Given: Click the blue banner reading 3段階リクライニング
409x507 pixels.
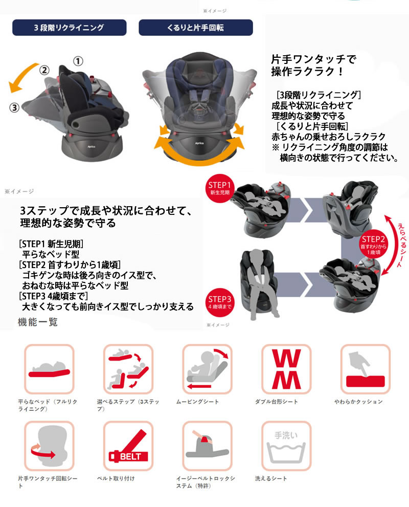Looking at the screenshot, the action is point(70,28).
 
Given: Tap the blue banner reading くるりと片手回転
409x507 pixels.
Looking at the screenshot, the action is point(196,28).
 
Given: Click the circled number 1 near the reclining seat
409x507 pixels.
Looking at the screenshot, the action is point(78,61).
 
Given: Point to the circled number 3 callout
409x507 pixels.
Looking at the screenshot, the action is point(14,107).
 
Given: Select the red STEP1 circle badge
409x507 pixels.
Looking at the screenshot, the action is point(220,188).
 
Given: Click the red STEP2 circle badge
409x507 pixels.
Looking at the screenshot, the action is point(373,244).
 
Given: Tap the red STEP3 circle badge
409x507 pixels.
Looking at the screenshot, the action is point(220,302).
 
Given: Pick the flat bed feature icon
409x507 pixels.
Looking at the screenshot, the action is point(50,369).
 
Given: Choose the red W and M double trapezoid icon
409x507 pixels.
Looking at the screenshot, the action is point(286,369).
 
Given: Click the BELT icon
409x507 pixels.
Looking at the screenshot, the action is point(128,446).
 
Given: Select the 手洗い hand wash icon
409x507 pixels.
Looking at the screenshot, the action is point(286,446).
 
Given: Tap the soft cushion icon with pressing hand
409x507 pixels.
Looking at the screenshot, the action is point(366,369).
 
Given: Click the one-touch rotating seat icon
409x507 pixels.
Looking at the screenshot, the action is point(50,446).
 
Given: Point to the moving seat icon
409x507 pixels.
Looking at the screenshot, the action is point(208,369).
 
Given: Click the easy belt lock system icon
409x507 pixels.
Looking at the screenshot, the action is point(208,446).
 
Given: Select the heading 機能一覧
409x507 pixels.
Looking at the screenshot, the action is point(38,322).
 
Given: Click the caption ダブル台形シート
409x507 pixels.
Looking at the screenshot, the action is point(277,402).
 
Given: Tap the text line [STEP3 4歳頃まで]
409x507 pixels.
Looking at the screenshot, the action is point(54,296).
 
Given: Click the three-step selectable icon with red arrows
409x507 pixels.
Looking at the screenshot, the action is point(128,369).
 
